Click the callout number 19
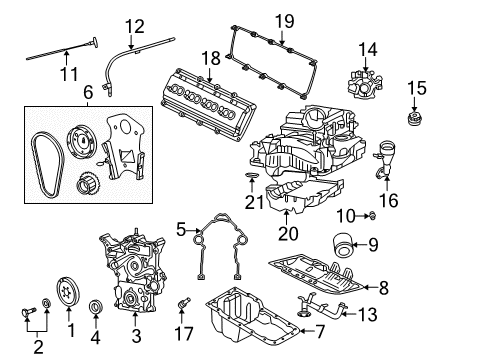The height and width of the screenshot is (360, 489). tap(284, 20)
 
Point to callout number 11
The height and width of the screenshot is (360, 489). tap(67, 73)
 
